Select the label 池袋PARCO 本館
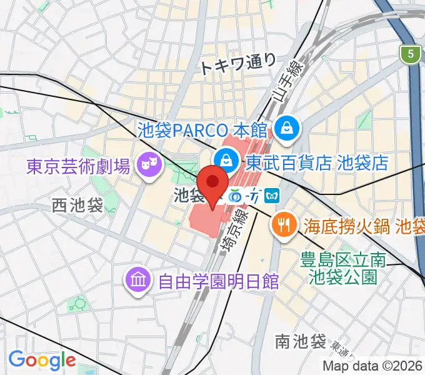(202, 130)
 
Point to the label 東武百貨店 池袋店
(317, 163)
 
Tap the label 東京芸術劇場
(78, 166)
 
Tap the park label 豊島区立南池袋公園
(342, 267)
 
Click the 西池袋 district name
(77, 205)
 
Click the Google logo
(42, 360)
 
